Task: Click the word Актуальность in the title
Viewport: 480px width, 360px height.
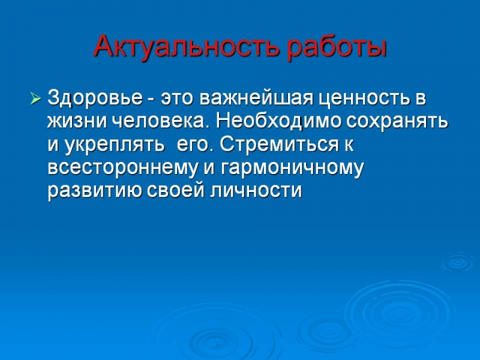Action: pos(187,46)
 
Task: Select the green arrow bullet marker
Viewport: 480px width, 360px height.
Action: pos(35,98)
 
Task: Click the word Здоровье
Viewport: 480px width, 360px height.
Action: pos(95,98)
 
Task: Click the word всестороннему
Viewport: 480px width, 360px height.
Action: pos(122,169)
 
